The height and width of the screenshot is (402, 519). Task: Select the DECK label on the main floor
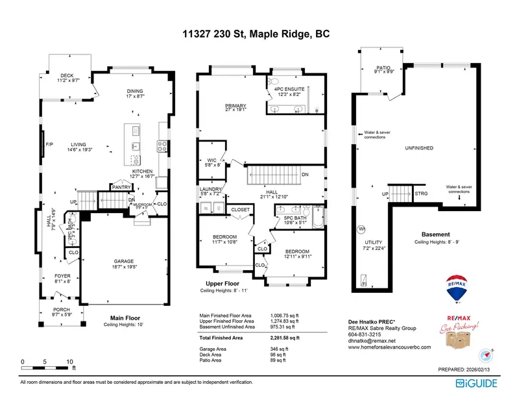(x=67, y=76)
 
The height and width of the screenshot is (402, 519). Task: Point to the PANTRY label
(x=122, y=187)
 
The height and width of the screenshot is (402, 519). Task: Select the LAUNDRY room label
(x=211, y=190)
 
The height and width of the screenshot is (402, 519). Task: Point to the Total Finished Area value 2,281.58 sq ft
(x=285, y=338)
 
